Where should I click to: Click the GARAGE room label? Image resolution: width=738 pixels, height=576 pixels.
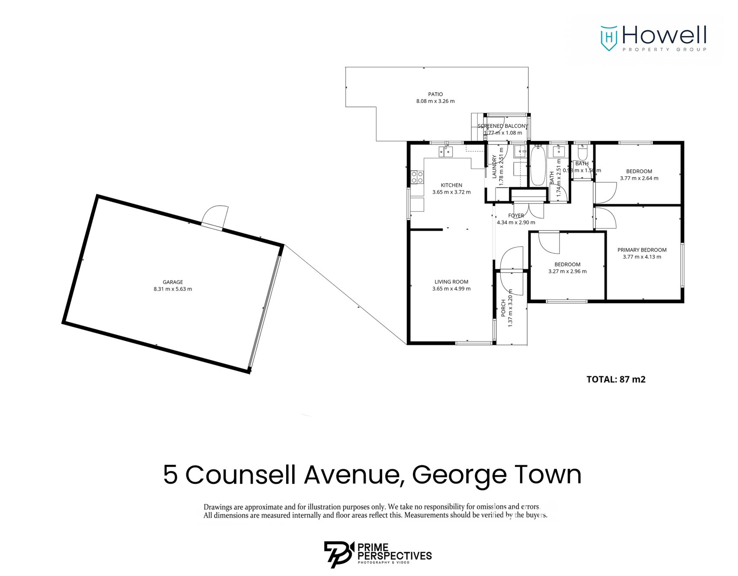coord(173,282)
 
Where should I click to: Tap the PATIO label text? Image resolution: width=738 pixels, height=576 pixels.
coord(435,94)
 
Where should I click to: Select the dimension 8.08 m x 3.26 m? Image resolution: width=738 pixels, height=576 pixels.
coord(435,101)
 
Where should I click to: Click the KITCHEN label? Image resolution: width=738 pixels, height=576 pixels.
coord(451,185)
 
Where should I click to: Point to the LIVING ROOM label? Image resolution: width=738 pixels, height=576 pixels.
coord(451,282)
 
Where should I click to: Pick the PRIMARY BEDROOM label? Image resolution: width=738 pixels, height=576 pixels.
coord(642,250)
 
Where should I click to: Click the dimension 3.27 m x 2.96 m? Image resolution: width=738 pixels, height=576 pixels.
coord(567,271)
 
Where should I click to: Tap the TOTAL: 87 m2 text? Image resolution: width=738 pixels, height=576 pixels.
coord(616,379)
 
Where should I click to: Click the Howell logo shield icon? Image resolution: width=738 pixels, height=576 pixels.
coord(609,38)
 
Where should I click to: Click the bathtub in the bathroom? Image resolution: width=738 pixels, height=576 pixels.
coord(538,166)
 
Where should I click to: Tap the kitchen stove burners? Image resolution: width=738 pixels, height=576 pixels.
coord(417,177)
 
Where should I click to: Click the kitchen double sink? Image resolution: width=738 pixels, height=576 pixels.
coord(445,152)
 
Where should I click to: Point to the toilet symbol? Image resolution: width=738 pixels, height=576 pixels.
coord(582,153)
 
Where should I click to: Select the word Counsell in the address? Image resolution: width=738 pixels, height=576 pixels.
coord(240,475)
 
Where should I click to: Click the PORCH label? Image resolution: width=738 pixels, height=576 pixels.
coord(503,308)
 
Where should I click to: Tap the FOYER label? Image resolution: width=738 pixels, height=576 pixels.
coord(516,216)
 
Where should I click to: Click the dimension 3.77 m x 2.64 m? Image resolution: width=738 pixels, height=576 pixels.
coord(639,178)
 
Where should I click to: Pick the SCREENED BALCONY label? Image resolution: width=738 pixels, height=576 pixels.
coord(503,126)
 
